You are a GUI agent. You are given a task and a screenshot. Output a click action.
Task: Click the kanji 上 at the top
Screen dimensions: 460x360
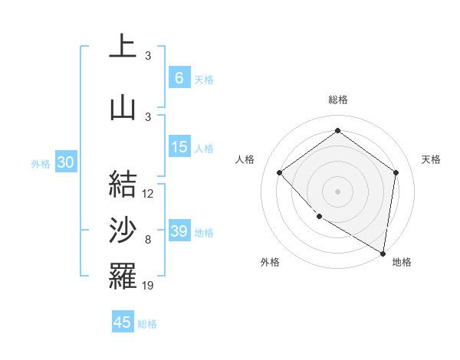(123, 46)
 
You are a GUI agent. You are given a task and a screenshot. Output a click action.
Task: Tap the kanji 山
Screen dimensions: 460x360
(123, 107)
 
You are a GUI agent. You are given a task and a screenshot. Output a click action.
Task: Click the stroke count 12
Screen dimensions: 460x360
(149, 194)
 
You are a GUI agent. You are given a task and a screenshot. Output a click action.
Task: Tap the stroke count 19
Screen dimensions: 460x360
(149, 286)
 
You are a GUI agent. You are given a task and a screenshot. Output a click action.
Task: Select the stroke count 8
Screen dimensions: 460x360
(148, 240)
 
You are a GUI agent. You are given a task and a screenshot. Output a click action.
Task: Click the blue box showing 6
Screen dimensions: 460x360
(179, 78)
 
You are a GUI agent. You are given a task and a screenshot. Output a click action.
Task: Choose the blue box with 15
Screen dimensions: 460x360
(179, 147)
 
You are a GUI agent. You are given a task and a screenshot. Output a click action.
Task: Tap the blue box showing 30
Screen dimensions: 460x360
(65, 162)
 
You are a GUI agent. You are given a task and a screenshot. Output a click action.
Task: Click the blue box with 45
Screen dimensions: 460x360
(123, 322)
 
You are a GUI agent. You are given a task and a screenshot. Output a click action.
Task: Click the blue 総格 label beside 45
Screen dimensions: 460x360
(147, 324)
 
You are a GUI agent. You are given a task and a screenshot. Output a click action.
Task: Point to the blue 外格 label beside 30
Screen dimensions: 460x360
(40, 163)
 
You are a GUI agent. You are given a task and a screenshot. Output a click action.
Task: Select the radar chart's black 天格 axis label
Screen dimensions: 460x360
(431, 159)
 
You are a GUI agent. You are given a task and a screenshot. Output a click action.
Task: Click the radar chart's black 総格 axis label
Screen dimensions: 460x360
(337, 100)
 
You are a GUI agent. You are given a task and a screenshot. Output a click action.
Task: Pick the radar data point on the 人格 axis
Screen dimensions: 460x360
(280, 172)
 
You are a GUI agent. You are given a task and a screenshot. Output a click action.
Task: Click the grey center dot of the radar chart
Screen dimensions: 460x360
(337, 191)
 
